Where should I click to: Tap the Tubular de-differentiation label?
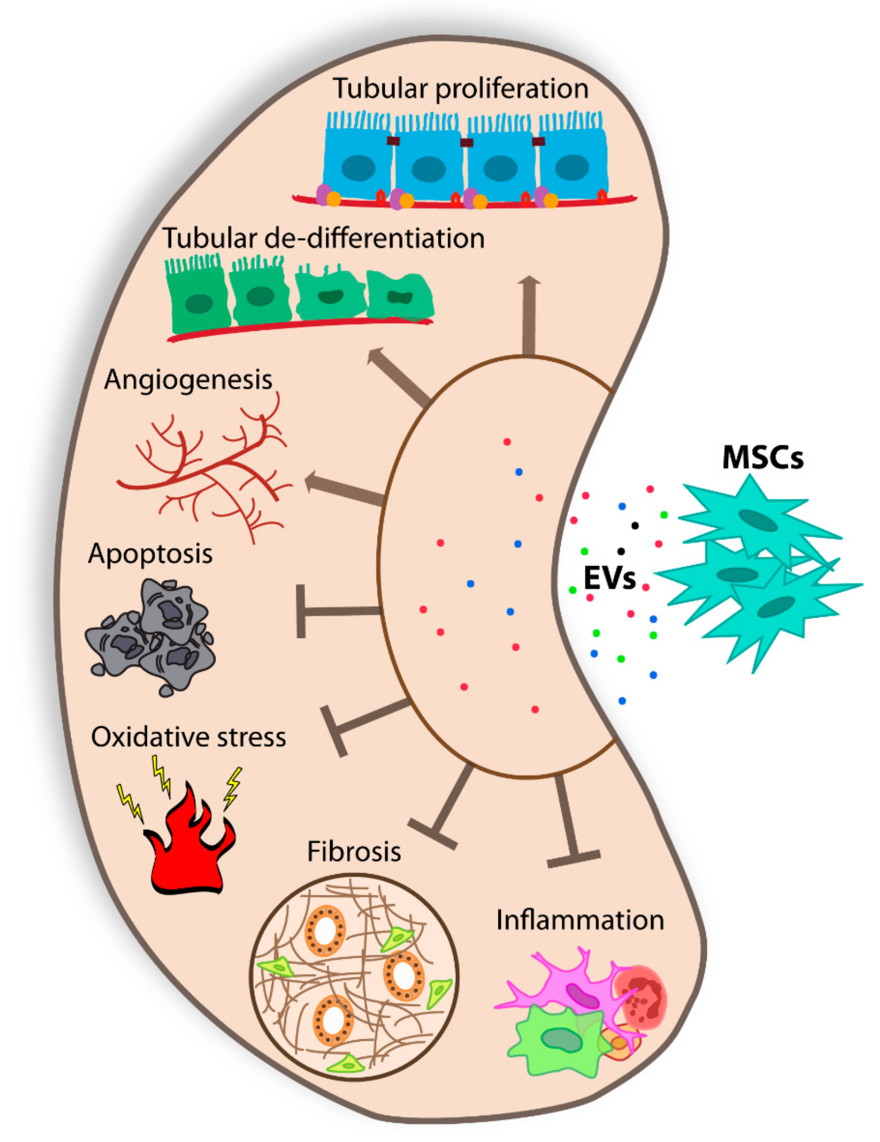tap(323, 238)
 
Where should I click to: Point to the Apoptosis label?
tap(150, 553)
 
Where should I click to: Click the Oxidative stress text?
tap(188, 737)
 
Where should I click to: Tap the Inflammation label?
tap(580, 920)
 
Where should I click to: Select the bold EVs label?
tap(609, 579)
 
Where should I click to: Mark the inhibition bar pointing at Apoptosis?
tap(335, 611)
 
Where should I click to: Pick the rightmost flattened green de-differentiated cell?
tap(400, 297)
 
